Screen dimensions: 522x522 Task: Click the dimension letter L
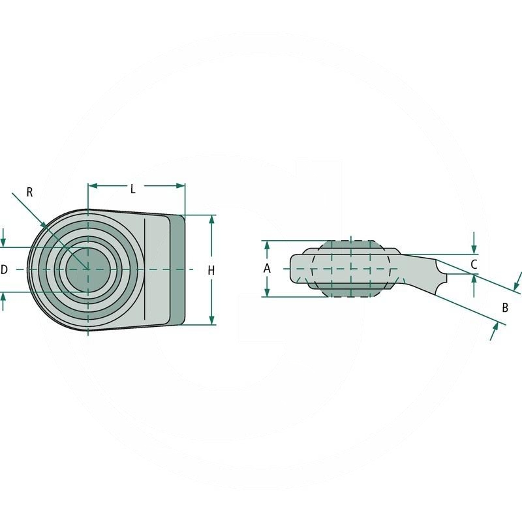tap(132, 189)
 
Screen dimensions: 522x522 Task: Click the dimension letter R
tap(29, 192)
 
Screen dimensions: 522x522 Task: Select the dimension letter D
tap(5, 269)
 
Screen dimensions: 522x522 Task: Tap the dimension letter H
tap(211, 270)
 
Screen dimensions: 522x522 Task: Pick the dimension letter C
tap(474, 264)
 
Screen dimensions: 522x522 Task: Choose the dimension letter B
tap(504, 307)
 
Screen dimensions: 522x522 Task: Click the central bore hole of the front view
tap(87, 269)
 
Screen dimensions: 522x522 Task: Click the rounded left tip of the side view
tap(293, 269)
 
